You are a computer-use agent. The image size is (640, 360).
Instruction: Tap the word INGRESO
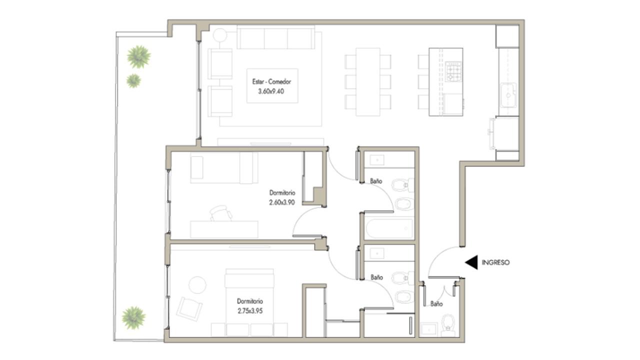pyautogui.click(x=495, y=262)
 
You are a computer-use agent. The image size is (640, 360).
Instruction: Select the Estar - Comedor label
pyautogui.click(x=271, y=81)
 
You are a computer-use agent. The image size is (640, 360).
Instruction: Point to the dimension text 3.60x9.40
pyautogui.click(x=271, y=91)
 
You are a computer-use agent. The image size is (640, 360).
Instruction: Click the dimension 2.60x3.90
pyautogui.click(x=281, y=202)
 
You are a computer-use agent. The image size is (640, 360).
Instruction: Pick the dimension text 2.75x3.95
pyautogui.click(x=250, y=311)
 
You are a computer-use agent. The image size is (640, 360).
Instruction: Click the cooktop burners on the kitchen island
pyautogui.click(x=453, y=71)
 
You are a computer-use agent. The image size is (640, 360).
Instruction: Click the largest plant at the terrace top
pyautogui.click(x=139, y=57)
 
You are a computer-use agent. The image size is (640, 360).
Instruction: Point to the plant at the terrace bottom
pyautogui.click(x=133, y=317)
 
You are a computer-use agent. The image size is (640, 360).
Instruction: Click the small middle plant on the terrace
pyautogui.click(x=133, y=81)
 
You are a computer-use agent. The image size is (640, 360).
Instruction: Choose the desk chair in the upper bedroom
pyautogui.click(x=220, y=213)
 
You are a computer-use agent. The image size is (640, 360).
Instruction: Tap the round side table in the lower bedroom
pyautogui.click(x=197, y=284)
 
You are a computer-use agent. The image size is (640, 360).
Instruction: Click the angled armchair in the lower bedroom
pyautogui.click(x=189, y=309)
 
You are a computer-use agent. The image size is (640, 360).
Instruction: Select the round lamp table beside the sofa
pyautogui.click(x=219, y=35)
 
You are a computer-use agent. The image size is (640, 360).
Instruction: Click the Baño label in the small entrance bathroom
pyautogui.click(x=436, y=304)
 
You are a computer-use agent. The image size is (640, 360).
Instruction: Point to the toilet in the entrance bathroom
pyautogui.click(x=448, y=326)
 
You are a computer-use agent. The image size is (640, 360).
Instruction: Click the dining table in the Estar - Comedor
pyautogui.click(x=368, y=82)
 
